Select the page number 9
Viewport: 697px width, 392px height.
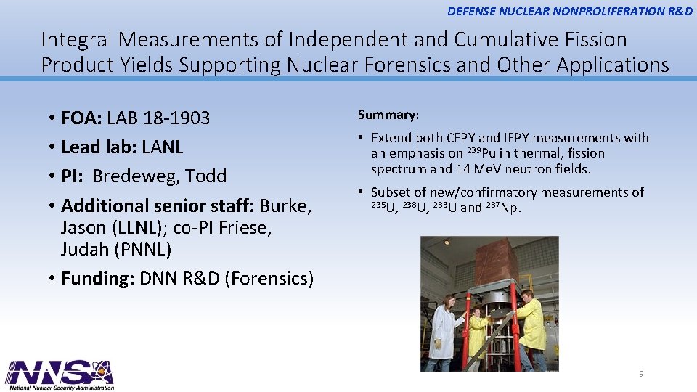click(x=640, y=374)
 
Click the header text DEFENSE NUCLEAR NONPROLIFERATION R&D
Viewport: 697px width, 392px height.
click(x=570, y=11)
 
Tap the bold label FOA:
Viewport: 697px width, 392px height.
click(x=82, y=118)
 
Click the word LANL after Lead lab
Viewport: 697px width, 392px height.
click(x=163, y=147)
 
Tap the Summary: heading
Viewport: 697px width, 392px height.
click(x=388, y=115)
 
